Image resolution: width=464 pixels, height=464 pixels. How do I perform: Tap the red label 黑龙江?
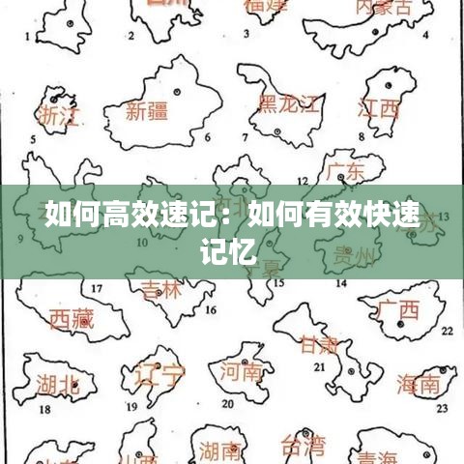coord(285,104)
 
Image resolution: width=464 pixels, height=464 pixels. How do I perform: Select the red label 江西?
coord(379,108)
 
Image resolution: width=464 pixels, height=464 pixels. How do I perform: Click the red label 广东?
coord(345,172)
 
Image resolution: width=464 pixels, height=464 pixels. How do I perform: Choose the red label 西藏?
coord(72,318)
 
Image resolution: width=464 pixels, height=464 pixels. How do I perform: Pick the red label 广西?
coord(398,310)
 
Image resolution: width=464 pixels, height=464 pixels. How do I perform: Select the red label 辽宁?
coord(159,373)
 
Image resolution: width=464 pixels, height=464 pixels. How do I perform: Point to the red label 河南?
coord(242,371)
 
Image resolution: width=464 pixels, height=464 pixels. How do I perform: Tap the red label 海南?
coord(418,384)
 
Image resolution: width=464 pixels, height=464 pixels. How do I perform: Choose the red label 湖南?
coord(221,450)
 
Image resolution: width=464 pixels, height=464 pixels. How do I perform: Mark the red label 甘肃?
coord(320,345)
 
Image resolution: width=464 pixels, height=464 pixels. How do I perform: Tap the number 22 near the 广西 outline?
coord(446,331)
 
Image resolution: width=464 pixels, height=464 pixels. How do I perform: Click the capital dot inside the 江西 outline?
coord(389,87)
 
